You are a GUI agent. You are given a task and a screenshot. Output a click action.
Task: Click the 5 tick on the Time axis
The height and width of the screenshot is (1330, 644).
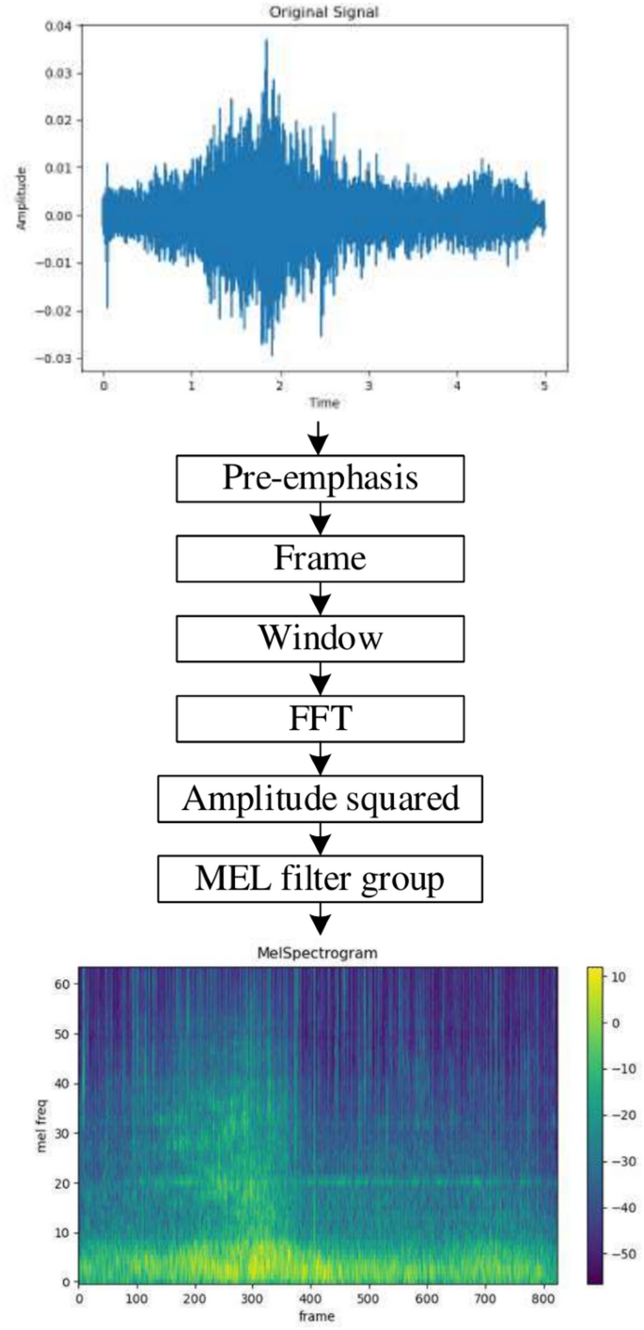pyautogui.click(x=544, y=385)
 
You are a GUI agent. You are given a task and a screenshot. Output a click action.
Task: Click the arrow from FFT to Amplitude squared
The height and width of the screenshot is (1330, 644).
pyautogui.click(x=322, y=756)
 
